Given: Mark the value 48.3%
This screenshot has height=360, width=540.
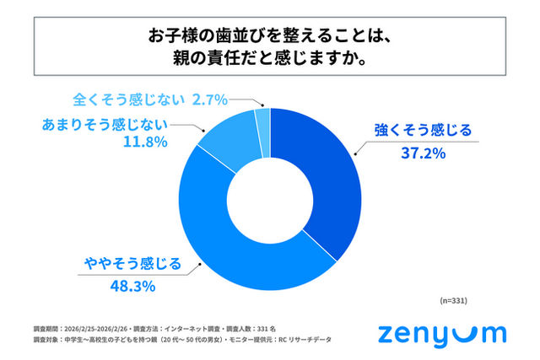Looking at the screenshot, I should [132, 287].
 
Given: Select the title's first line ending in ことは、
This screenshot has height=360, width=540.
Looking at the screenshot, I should [270, 36].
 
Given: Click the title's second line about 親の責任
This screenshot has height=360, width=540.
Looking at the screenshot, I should [270, 60].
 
